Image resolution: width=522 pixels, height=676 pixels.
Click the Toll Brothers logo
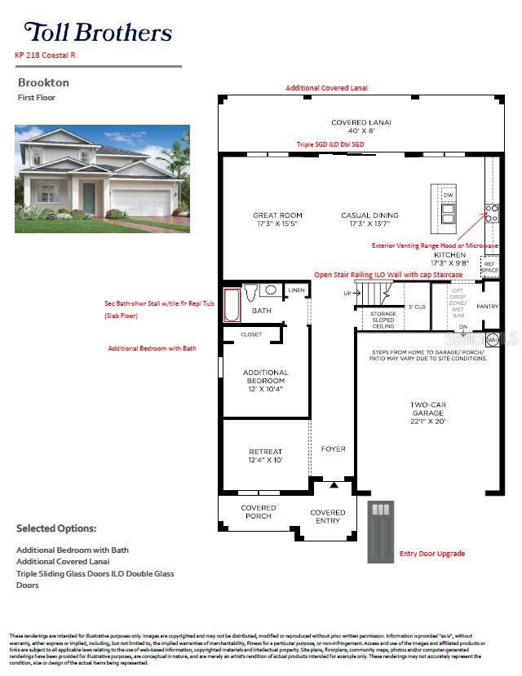(x=98, y=32)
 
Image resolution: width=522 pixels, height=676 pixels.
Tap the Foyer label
(x=333, y=448)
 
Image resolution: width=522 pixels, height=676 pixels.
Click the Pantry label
(x=487, y=307)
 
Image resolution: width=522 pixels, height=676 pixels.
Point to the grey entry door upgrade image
(x=381, y=532)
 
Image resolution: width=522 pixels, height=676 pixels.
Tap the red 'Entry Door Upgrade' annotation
(x=431, y=554)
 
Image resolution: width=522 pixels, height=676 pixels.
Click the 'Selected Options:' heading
(x=56, y=528)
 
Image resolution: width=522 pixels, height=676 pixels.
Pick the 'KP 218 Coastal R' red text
(x=46, y=55)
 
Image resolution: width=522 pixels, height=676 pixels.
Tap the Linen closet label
(x=296, y=290)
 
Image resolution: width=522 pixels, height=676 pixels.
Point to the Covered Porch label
(x=259, y=511)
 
